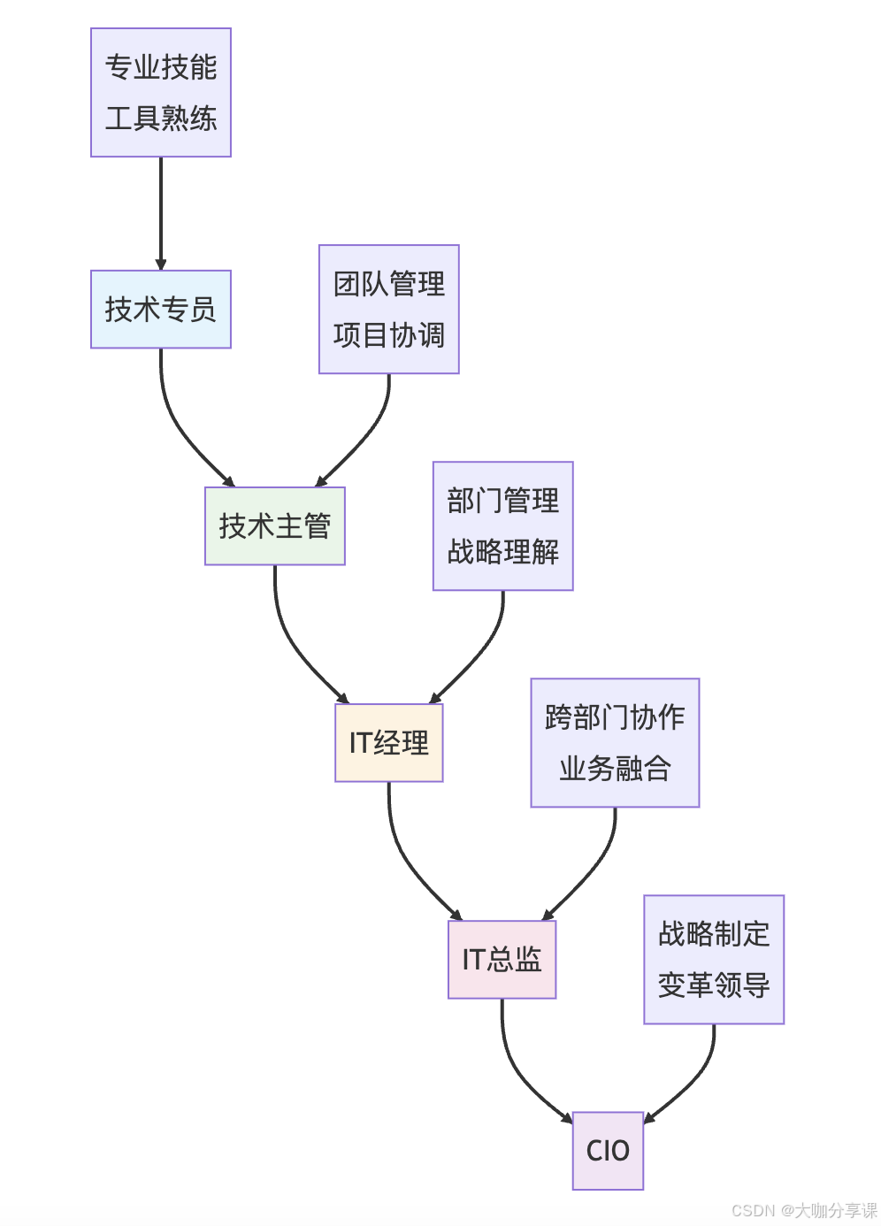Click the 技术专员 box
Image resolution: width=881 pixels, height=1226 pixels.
pyautogui.click(x=160, y=309)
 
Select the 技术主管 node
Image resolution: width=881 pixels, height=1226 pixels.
pyautogui.click(x=274, y=525)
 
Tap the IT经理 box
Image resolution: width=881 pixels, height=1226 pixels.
pyautogui.click(x=388, y=742)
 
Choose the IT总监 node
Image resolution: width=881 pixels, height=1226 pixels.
pyautogui.click(x=502, y=959)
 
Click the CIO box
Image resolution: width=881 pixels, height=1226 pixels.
pyautogui.click(x=608, y=1150)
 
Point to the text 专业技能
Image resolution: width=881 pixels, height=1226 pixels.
pyautogui.click(x=160, y=67)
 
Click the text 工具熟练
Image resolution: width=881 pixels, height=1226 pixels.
pyautogui.click(x=160, y=118)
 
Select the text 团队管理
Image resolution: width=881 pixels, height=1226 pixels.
pyautogui.click(x=388, y=284)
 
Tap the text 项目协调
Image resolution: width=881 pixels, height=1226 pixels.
pyautogui.click(x=388, y=334)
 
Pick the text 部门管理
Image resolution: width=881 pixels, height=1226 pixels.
pyautogui.click(x=502, y=501)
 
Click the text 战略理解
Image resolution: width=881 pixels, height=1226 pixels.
pyautogui.click(x=502, y=551)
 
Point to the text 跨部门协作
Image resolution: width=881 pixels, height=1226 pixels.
pyautogui.click(x=615, y=717)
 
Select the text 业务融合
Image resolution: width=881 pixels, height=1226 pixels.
pyautogui.click(x=615, y=768)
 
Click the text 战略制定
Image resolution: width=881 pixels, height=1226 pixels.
pyautogui.click(x=714, y=934)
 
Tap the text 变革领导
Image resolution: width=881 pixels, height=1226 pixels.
pyautogui.click(x=714, y=985)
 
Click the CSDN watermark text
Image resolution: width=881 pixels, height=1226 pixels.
pyautogui.click(x=804, y=1210)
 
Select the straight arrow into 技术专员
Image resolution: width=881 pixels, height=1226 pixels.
pyautogui.click(x=161, y=212)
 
